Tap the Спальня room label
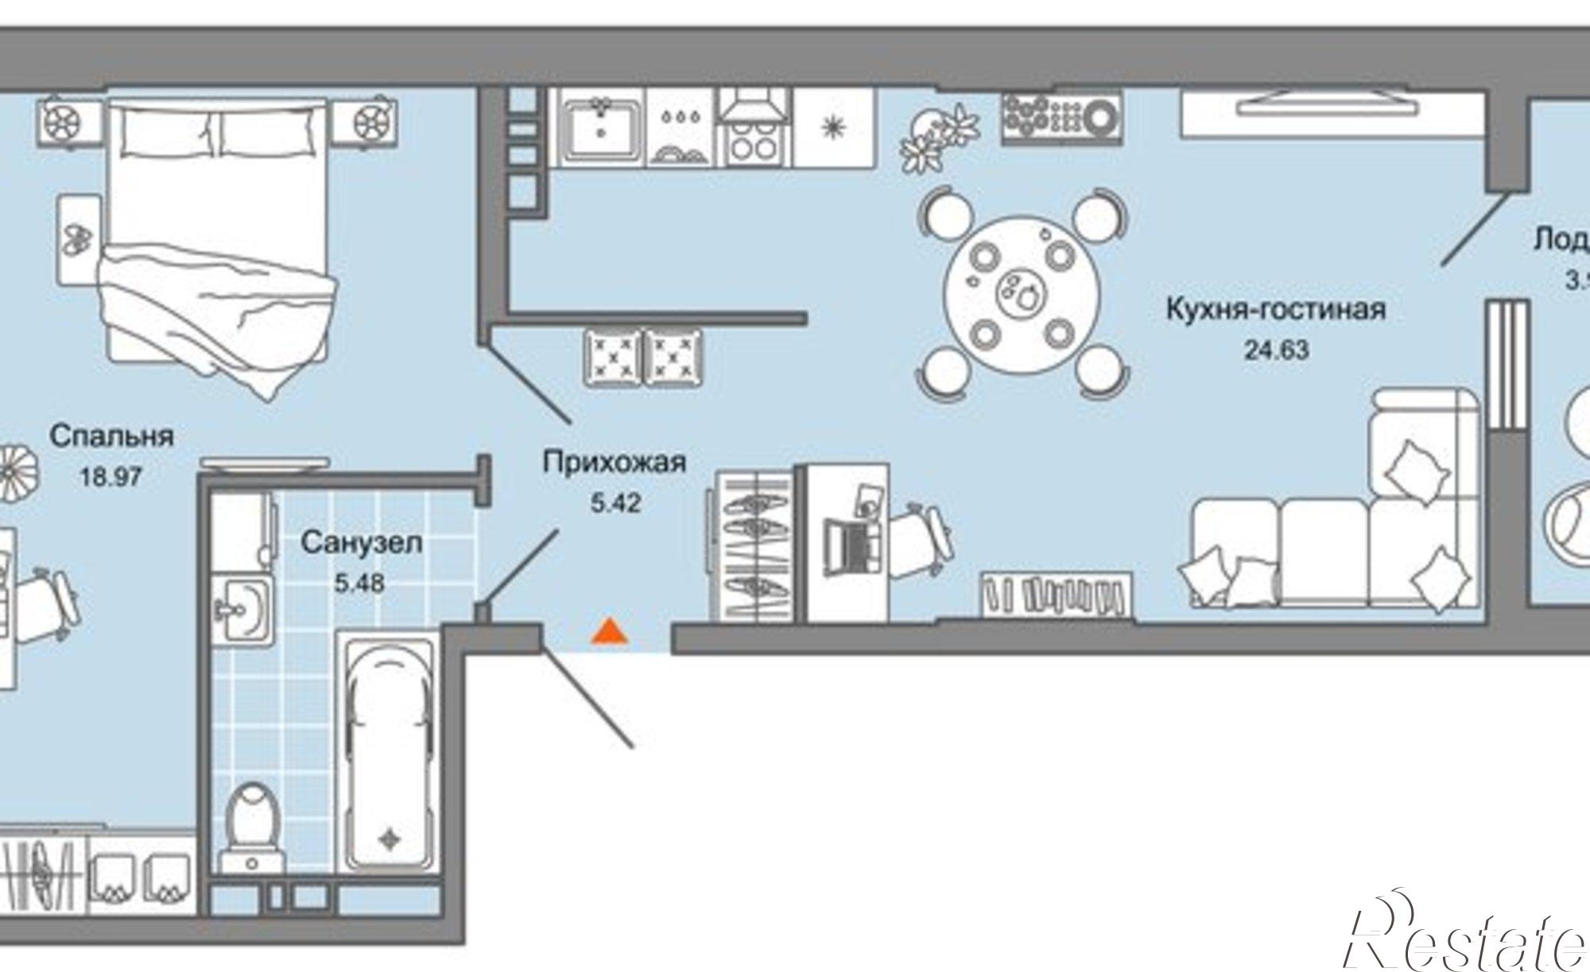(111, 436)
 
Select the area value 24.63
(1275, 350)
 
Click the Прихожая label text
(614, 463)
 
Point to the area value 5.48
(359, 583)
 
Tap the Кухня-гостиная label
(1275, 310)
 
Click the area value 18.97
(111, 477)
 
